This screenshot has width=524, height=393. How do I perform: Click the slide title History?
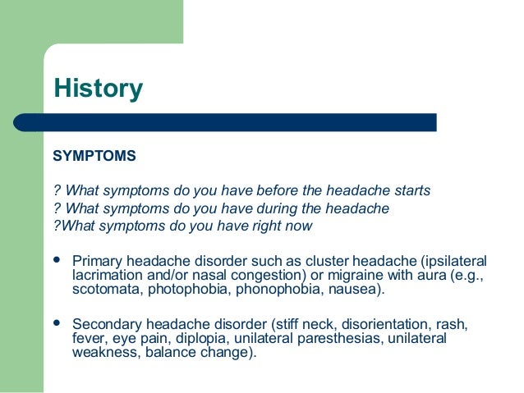click(x=98, y=89)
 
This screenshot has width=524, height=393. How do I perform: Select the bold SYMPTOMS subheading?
click(x=94, y=155)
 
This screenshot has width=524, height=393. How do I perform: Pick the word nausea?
click(x=353, y=290)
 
